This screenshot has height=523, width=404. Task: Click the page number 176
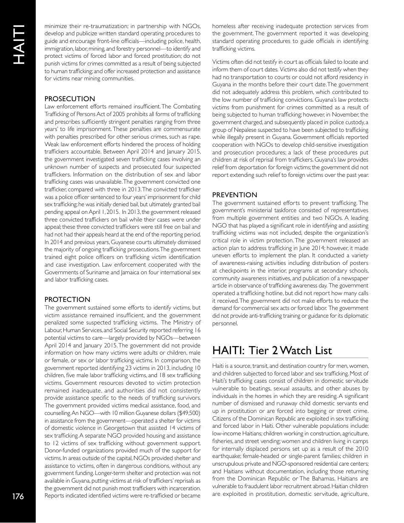point(17,496)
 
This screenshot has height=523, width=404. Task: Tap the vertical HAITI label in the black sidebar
point(17,45)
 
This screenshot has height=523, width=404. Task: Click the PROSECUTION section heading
point(70,99)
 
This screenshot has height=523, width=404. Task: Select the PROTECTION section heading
point(67,299)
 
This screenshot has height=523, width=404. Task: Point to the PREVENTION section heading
point(235,195)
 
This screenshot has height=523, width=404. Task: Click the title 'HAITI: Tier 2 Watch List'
point(272,350)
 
